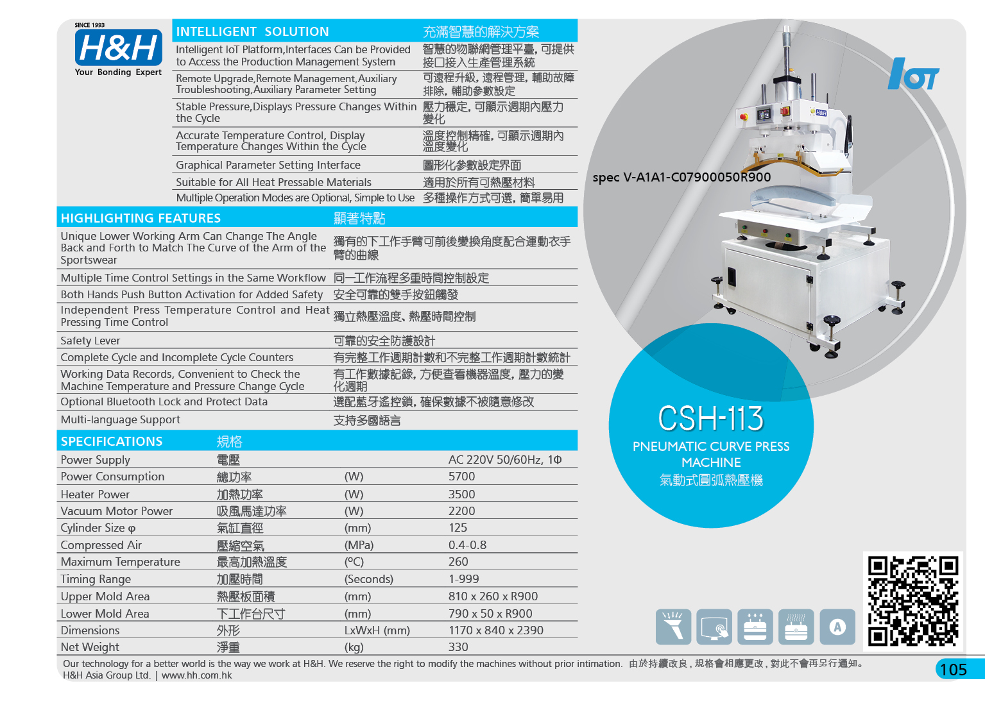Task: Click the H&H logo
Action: click(x=118, y=49)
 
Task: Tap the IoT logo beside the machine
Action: click(x=913, y=74)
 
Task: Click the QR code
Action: click(x=913, y=601)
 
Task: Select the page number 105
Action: click(x=953, y=670)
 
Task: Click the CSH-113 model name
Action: click(x=710, y=418)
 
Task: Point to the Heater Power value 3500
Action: click(x=462, y=494)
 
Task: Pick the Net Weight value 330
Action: click(x=458, y=647)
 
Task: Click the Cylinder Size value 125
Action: click(x=458, y=527)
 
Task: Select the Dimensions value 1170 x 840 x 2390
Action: click(x=496, y=630)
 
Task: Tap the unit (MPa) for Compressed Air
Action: click(x=359, y=545)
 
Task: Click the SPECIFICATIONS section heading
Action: click(x=112, y=441)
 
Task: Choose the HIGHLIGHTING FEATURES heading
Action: click(x=141, y=218)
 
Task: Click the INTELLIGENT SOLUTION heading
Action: click(x=252, y=31)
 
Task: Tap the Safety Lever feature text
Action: click(x=90, y=341)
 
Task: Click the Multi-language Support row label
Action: click(x=121, y=419)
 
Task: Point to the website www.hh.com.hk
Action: click(x=196, y=675)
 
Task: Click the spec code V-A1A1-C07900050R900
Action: click(x=697, y=177)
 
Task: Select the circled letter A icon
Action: click(x=837, y=627)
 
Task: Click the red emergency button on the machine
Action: click(x=744, y=117)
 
